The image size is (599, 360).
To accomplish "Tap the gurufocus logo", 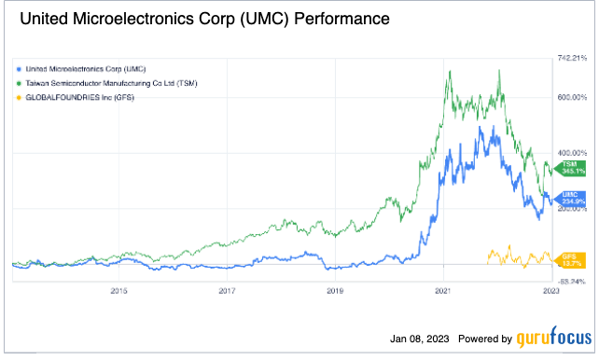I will (550, 339).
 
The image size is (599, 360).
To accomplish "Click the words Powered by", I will (485, 339).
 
